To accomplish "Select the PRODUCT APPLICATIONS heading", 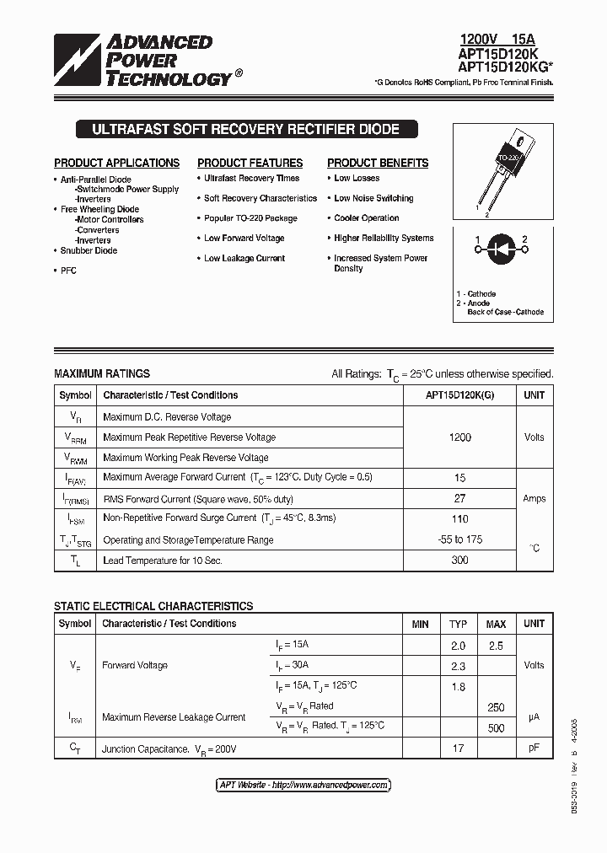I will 116,163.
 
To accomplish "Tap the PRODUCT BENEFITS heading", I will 378,163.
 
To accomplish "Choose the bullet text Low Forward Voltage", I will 244,239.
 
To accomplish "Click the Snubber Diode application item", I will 89,250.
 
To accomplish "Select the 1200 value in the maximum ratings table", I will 459,437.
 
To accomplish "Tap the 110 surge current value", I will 459,519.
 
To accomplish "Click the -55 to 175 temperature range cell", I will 459,539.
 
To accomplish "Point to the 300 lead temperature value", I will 459,560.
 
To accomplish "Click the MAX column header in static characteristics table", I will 496,624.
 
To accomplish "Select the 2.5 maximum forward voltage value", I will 496,646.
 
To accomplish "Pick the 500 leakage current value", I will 496,727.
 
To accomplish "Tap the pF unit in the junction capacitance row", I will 534,748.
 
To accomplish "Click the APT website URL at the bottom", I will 303,785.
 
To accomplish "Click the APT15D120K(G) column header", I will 459,395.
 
